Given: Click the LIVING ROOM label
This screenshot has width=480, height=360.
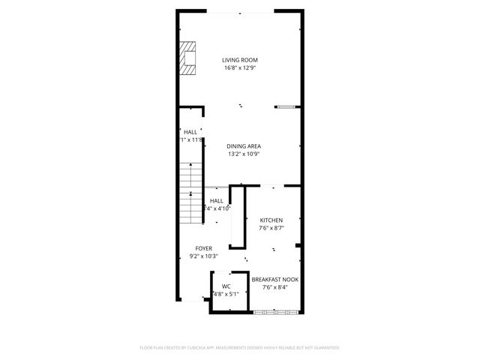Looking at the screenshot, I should tap(240, 60).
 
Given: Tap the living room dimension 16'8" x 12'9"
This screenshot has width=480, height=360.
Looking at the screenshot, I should tap(240, 68).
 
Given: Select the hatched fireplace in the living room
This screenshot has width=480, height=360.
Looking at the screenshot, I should tap(187, 58).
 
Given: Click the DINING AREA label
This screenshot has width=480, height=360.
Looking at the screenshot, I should tap(243, 146).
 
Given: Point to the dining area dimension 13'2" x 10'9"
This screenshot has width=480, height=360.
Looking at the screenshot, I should tap(243, 154).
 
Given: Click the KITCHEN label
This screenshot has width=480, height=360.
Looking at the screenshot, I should tap(271, 220).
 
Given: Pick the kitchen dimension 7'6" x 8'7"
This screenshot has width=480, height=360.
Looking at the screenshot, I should tap(271, 228).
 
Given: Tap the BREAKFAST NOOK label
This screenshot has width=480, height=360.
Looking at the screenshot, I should tap(274, 279).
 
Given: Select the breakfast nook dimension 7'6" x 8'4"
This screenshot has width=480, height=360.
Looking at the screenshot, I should tap(274, 286).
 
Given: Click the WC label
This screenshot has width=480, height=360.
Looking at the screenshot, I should tap(226, 286).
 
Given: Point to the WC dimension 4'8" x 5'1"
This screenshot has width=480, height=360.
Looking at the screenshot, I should tap(226, 294).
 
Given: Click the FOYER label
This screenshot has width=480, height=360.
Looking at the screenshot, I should tap(203, 248).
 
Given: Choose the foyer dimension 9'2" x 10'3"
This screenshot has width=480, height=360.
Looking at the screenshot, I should tap(203, 256).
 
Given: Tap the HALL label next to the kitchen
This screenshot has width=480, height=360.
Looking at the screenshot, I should tap(216, 201).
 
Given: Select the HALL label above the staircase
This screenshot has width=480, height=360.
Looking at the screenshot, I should tap(190, 132).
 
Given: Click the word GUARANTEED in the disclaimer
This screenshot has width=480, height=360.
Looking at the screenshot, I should tap(323, 348).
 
